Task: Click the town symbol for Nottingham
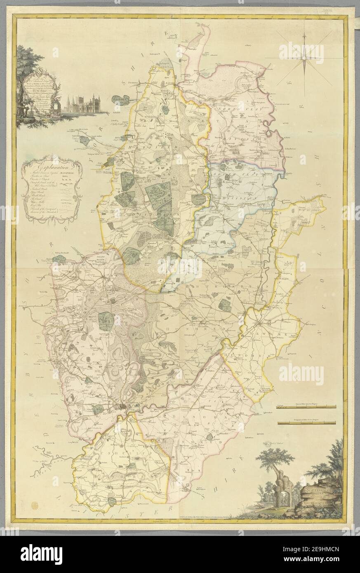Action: [124, 408]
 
